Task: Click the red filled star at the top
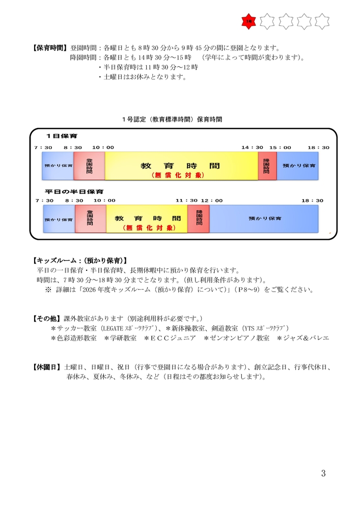click(248, 21)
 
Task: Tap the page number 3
click(323, 473)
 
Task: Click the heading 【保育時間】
click(49, 49)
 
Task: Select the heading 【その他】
click(46, 318)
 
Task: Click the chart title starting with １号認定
click(172, 119)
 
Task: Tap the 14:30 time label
click(252, 148)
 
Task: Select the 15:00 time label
click(280, 148)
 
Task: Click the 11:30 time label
click(186, 201)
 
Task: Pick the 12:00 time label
click(211, 201)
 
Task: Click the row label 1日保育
click(59, 137)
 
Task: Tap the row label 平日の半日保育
click(74, 192)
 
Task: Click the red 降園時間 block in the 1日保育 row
click(267, 166)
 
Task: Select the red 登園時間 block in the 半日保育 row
click(90, 218)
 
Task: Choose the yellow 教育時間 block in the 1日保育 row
click(181, 166)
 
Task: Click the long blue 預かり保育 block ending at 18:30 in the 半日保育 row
click(264, 218)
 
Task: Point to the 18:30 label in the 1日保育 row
click(318, 148)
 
